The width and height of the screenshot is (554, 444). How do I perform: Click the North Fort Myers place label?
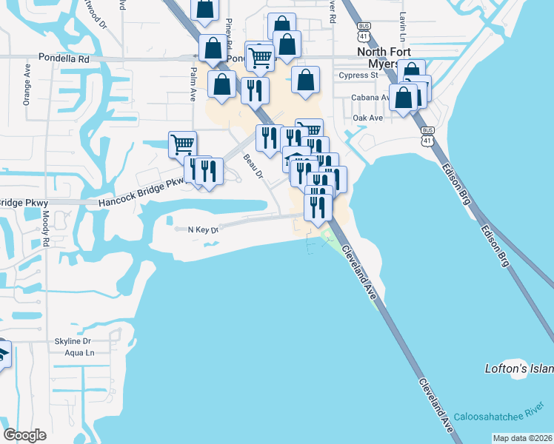tap(383, 58)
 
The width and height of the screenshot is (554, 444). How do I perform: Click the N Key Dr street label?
tap(204, 230)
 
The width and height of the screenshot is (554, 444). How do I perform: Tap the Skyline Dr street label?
tap(72, 341)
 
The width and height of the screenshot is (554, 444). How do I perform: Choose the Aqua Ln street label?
tap(79, 353)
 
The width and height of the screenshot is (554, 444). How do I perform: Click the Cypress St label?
tap(358, 75)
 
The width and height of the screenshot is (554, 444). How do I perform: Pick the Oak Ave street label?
tap(367, 118)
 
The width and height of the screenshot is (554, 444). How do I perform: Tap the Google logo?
tap(25, 435)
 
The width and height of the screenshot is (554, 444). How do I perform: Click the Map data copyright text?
tap(522, 438)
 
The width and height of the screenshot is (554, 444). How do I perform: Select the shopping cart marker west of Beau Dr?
tap(182, 143)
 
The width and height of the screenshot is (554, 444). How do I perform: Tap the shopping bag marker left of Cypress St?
tap(305, 78)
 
